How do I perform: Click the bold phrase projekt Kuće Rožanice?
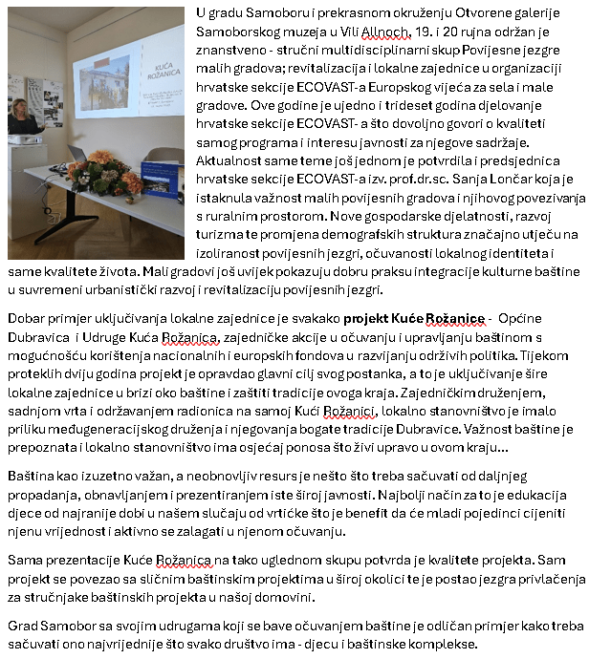pyautogui.click(x=413, y=318)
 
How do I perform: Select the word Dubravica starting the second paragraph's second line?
pyautogui.click(x=36, y=336)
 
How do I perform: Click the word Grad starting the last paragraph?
pyautogui.click(x=24, y=626)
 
